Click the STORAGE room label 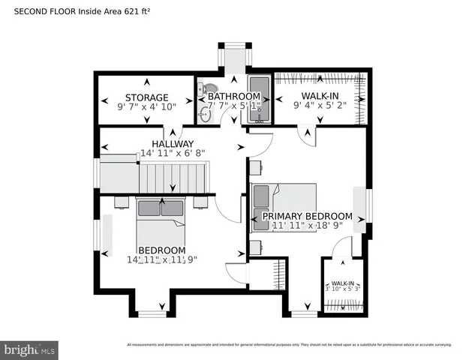(x=146, y=97)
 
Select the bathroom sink (x=206, y=114)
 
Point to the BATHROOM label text (x=234, y=97)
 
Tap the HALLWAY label (x=173, y=144)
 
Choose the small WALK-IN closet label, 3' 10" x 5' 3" (x=342, y=285)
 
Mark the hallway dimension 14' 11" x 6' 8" (x=173, y=154)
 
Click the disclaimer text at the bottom (x=289, y=345)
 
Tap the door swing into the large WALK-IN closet (x=306, y=134)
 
